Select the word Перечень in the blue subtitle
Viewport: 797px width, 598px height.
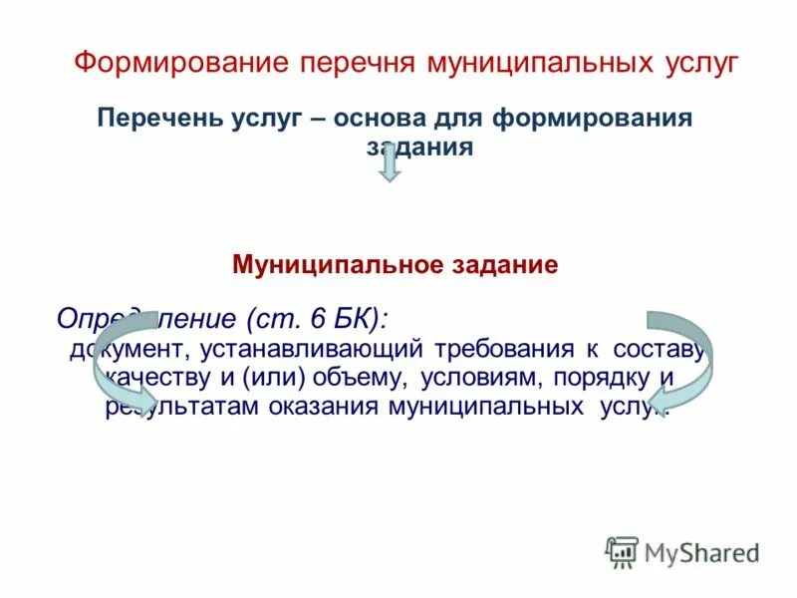[x=162, y=120]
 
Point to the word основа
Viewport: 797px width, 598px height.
[x=376, y=120]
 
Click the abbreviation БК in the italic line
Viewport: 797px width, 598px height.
[x=355, y=319]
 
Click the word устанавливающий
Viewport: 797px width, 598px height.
[x=312, y=350]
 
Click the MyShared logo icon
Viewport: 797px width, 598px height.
[x=622, y=551]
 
